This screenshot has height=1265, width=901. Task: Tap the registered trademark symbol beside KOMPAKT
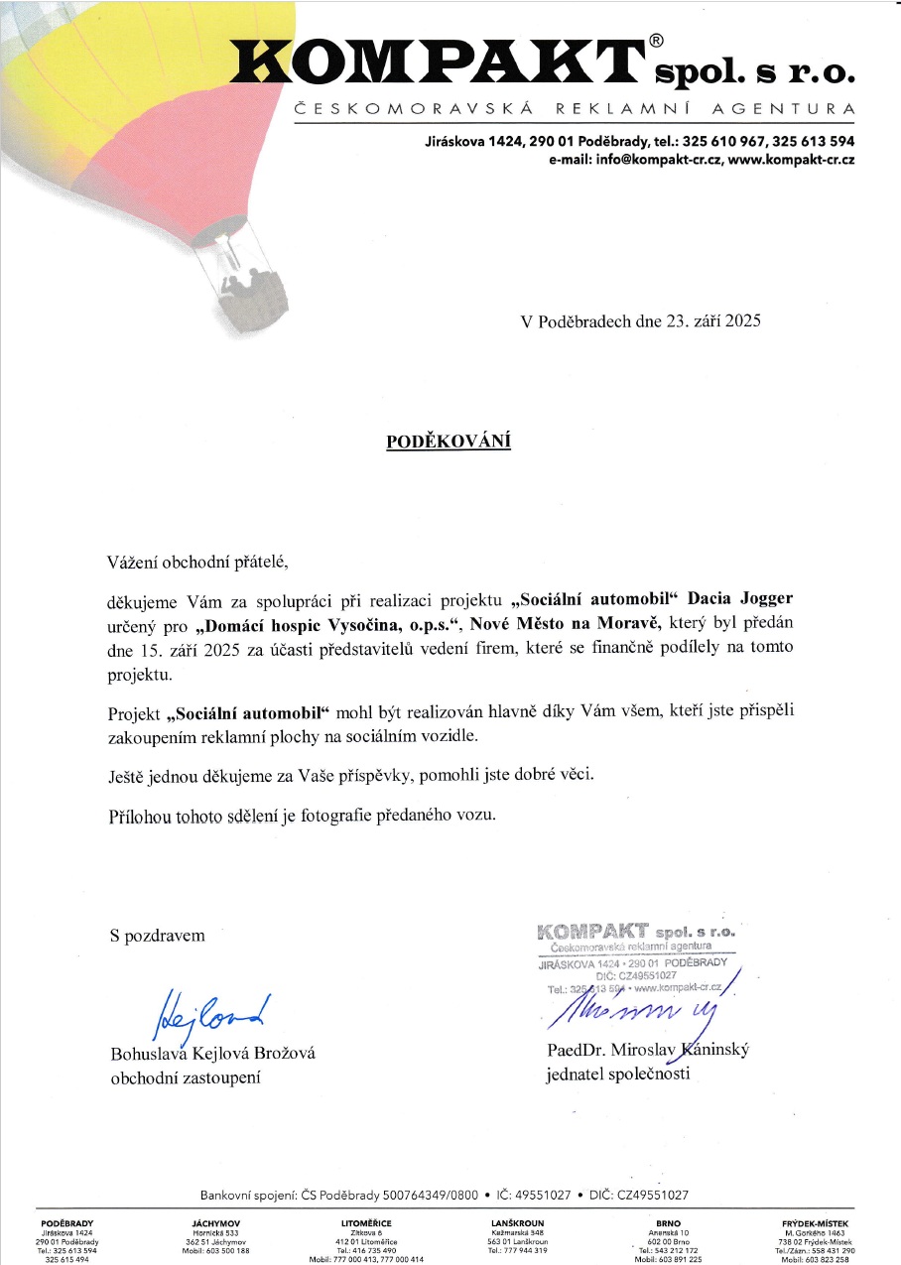pyautogui.click(x=656, y=41)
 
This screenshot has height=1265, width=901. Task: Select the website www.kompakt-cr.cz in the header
pyautogui.click(x=792, y=160)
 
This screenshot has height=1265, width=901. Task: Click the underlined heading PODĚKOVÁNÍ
pyautogui.click(x=449, y=442)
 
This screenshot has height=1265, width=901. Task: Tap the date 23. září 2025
pyautogui.click(x=695, y=321)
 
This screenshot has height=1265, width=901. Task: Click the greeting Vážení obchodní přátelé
pyautogui.click(x=197, y=563)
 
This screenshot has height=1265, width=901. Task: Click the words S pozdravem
pyautogui.click(x=158, y=935)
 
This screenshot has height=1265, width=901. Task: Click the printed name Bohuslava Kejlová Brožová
pyautogui.click(x=212, y=1054)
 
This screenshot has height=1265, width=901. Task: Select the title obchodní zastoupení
pyautogui.click(x=186, y=1077)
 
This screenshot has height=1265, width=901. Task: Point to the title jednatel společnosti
pyautogui.click(x=617, y=1074)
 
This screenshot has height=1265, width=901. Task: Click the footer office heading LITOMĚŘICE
pyautogui.click(x=366, y=1223)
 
